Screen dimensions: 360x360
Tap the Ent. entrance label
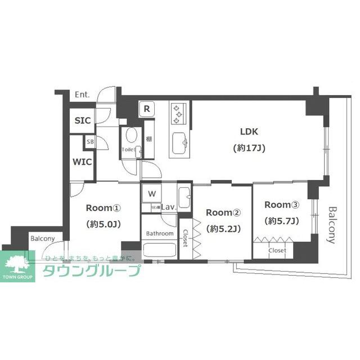click(82, 96)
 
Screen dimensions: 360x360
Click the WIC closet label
click(82, 163)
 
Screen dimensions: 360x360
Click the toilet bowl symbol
click(131, 136)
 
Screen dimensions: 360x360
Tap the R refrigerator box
click(146, 109)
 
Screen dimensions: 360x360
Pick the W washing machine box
click(151, 194)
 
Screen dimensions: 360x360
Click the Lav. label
click(169, 208)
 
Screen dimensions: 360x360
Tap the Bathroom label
click(160, 233)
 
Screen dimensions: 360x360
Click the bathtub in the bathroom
click(160, 249)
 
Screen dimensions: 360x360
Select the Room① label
click(103, 208)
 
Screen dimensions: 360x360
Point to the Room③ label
click(282, 205)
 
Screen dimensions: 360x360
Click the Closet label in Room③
click(277, 250)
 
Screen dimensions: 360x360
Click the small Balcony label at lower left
click(43, 238)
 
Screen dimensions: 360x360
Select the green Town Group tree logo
click(18, 265)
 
